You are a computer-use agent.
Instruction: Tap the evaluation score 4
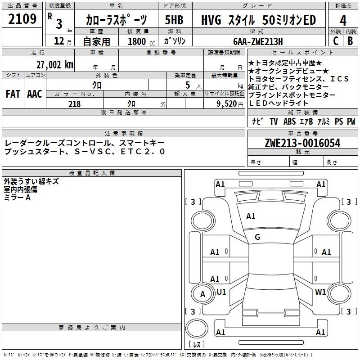(x=343, y=20)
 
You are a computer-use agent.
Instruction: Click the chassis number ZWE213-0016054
(x=302, y=143)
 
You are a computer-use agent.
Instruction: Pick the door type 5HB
(x=175, y=20)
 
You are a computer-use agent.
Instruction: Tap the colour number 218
(x=74, y=104)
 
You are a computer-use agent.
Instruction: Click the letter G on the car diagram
(x=257, y=237)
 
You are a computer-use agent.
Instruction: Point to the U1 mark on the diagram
(x=221, y=292)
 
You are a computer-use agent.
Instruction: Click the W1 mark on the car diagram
(x=320, y=292)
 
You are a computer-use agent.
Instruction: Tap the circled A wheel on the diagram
(x=202, y=294)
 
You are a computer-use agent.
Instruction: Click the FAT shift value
(x=13, y=94)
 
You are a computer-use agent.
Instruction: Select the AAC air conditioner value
(x=35, y=94)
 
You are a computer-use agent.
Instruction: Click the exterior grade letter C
(x=335, y=41)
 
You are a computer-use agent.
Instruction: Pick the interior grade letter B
(x=350, y=41)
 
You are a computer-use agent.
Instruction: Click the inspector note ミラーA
(x=17, y=198)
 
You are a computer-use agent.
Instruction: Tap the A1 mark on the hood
(x=251, y=216)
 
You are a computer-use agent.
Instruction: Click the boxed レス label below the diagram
(x=196, y=344)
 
